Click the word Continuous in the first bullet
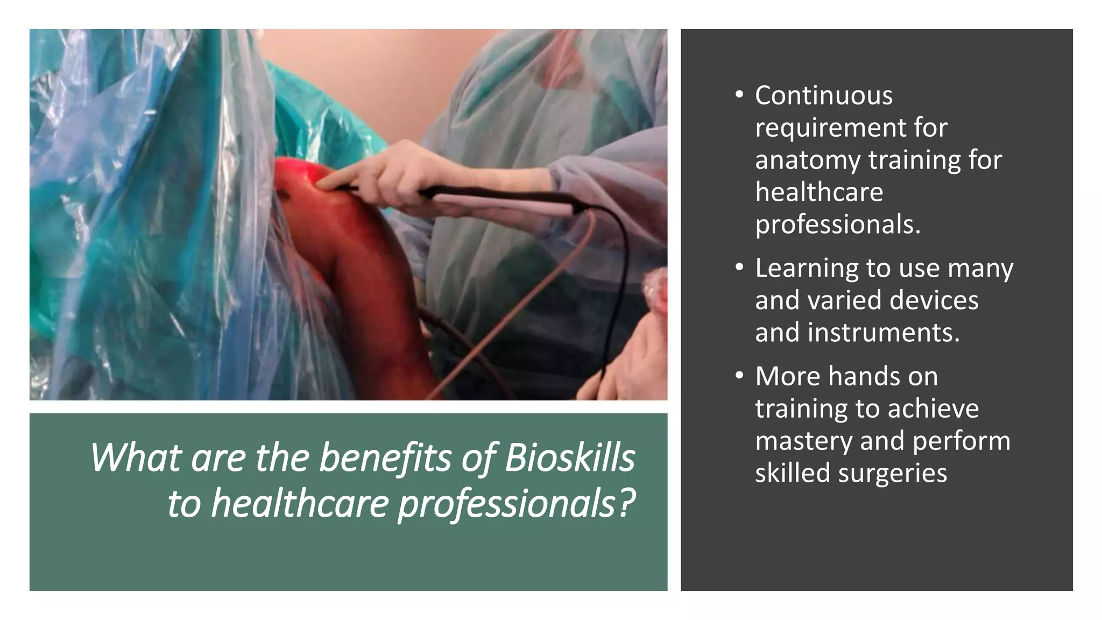pyautogui.click(x=823, y=96)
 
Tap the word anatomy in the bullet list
pyautogui.click(x=807, y=160)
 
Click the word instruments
pyautogui.click(x=884, y=333)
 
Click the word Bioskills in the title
pyautogui.click(x=569, y=458)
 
